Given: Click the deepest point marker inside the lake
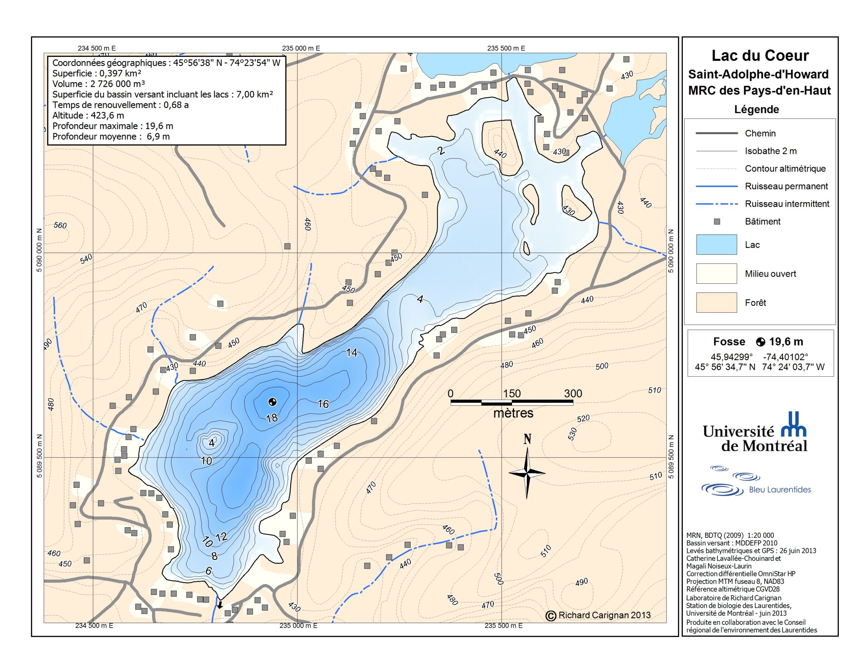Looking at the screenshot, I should point(272,402).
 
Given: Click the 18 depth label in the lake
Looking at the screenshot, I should point(272,418).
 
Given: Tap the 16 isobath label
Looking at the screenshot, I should point(323,404).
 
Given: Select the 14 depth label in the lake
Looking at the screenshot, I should point(351,353).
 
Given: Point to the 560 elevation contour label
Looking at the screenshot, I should point(60,225).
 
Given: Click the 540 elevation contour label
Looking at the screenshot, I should point(86,258).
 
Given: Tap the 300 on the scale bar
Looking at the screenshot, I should point(573,393).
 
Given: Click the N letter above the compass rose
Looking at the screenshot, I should point(527,439).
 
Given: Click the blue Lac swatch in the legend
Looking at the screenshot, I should point(716,244).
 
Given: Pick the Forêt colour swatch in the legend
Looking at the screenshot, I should point(716,302).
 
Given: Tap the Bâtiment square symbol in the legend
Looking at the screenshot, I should point(717,222).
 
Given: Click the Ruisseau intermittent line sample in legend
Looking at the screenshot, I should point(716,204).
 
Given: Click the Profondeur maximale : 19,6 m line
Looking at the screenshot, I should point(112,126).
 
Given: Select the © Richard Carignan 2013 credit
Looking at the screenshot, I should point(598,615).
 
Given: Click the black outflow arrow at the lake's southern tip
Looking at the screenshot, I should point(220,605).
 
